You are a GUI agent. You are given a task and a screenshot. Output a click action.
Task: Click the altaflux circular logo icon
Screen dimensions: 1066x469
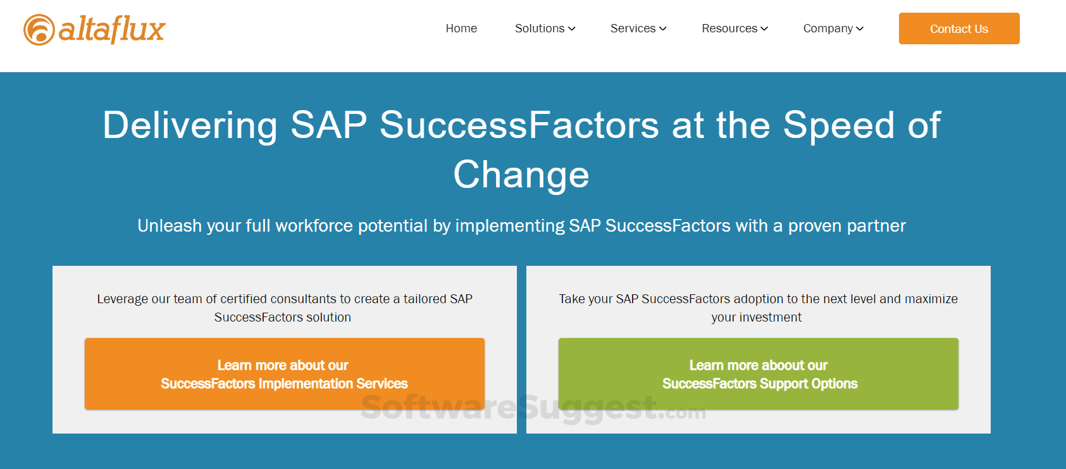39,30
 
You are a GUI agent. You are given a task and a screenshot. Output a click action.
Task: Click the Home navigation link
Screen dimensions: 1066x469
461,28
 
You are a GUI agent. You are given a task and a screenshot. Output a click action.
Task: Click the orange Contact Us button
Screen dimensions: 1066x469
959,28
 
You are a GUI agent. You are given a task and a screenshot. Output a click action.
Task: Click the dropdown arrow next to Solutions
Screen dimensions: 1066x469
571,29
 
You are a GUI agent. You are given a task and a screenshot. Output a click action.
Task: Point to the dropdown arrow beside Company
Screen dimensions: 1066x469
860,29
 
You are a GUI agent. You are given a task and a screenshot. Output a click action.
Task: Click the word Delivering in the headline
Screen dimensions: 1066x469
190,126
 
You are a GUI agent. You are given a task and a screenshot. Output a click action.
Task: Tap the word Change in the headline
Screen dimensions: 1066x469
521,175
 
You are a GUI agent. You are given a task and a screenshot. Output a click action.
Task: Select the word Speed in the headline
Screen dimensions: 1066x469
839,126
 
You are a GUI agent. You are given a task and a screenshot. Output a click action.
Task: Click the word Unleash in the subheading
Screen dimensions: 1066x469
170,226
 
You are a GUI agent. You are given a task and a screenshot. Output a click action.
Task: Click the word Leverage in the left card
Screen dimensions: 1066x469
122,299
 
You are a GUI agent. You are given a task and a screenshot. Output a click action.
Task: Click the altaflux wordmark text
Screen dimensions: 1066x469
112,30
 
